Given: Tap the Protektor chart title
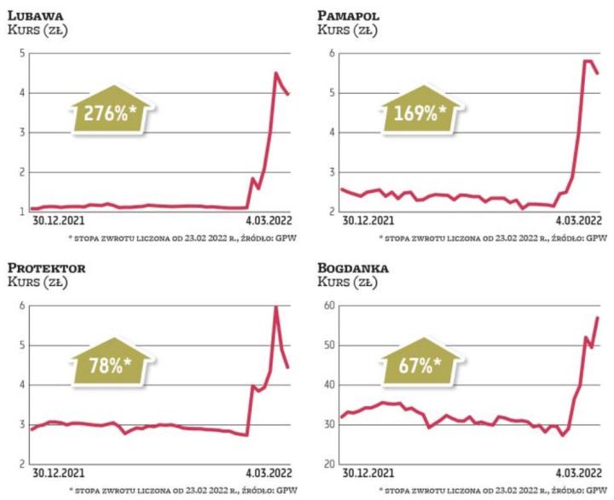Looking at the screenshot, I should pos(48,268).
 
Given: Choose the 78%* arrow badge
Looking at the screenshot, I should pos(109,363).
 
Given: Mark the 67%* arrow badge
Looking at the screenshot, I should pos(420,363).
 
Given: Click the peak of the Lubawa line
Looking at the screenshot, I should pos(275,73).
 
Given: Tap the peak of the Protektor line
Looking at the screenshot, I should pos(276,307).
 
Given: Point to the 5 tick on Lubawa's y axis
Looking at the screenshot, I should pos(20,53).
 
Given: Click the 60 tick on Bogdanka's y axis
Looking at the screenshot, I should pos(327,305).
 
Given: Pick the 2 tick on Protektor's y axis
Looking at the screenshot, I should pos(20,464).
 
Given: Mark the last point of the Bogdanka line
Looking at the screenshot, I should pos(598,317).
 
